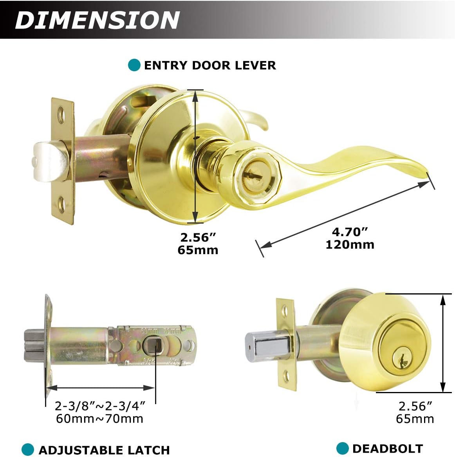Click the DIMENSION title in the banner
pyautogui.click(x=97, y=20)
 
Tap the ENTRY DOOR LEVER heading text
pyautogui.click(x=210, y=65)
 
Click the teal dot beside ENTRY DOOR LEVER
pyautogui.click(x=134, y=65)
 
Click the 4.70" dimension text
pyautogui.click(x=350, y=232)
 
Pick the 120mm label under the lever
pyautogui.click(x=350, y=245)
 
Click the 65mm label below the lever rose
pyautogui.click(x=198, y=250)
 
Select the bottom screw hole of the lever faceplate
pyautogui.click(x=62, y=203)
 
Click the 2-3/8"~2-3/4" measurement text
pyautogui.click(x=100, y=405)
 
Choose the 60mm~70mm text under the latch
pyautogui.click(x=99, y=419)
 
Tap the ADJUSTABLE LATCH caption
pyautogui.click(x=104, y=450)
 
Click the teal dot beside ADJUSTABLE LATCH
pyautogui.click(x=27, y=450)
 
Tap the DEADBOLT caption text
pyautogui.click(x=387, y=448)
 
